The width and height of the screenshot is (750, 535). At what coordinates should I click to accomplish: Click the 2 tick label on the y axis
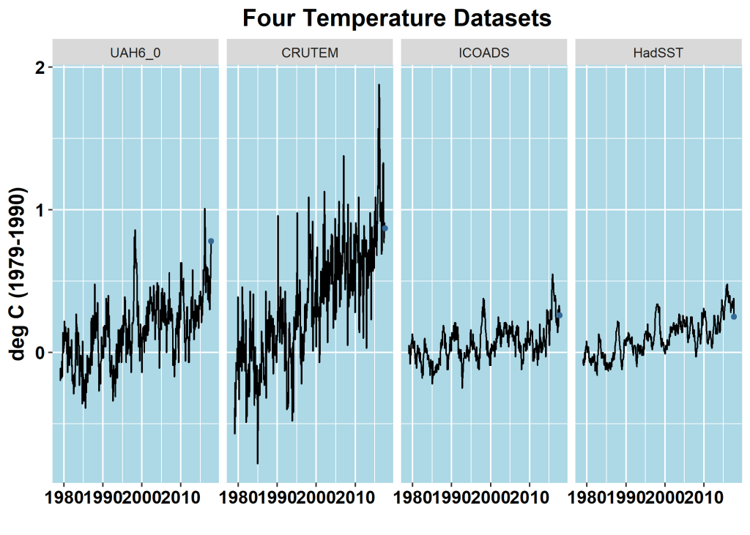point(40,67)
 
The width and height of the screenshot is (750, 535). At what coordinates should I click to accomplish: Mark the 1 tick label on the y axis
point(40,210)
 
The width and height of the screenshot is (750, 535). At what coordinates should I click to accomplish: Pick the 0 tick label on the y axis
point(40,353)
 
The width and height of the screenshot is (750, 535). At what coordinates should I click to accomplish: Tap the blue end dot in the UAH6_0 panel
point(211,241)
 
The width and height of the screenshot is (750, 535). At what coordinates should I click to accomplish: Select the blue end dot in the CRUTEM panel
point(385,228)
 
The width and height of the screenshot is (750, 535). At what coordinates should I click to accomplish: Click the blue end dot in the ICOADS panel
point(560,315)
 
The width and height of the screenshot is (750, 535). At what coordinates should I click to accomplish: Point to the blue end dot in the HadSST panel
point(733,316)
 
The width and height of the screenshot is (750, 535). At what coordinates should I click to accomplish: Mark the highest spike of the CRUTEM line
point(379,85)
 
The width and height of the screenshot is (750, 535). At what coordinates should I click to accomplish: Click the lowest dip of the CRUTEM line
point(257,463)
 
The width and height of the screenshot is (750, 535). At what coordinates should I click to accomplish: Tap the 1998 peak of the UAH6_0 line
point(135,231)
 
